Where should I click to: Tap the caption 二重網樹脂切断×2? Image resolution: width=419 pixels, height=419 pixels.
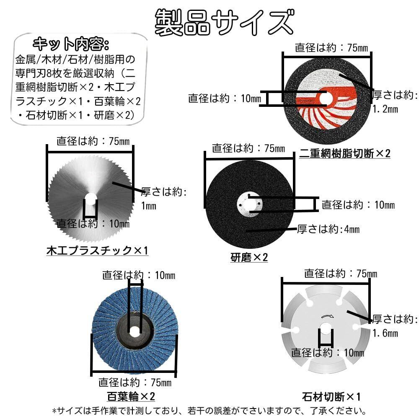point(344,154)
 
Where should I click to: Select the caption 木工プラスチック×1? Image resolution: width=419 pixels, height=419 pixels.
point(97,251)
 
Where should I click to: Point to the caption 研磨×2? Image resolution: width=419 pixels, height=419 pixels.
point(249,257)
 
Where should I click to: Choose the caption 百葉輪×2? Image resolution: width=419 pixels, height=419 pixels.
point(131,396)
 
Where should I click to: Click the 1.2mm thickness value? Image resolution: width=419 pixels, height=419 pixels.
point(385,110)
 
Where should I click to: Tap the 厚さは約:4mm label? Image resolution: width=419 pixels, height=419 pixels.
point(328,230)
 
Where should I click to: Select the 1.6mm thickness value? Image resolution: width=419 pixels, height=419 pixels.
point(385,334)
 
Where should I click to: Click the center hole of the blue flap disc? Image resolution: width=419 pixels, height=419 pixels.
point(134,331)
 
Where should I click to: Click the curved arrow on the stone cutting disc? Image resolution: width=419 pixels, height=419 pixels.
point(326,317)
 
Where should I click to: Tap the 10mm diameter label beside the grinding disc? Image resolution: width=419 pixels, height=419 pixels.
point(358,205)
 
